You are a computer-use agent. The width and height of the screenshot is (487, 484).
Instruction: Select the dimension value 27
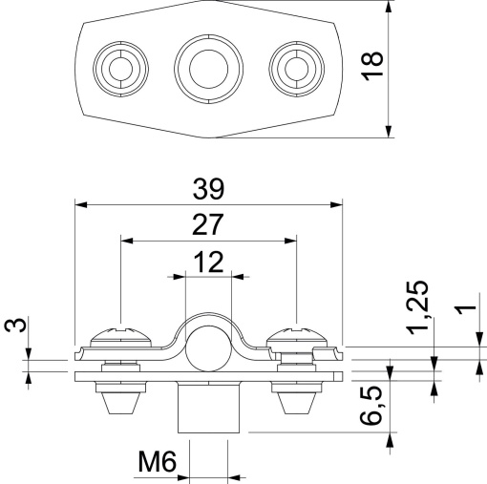pyautogui.click(x=207, y=224)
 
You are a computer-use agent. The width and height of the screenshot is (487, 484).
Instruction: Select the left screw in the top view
pyautogui.click(x=119, y=68)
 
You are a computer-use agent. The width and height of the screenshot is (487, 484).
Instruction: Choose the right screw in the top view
pyautogui.click(x=293, y=68)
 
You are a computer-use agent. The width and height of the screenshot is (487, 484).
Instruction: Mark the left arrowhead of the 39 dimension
pyautogui.click(x=79, y=203)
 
